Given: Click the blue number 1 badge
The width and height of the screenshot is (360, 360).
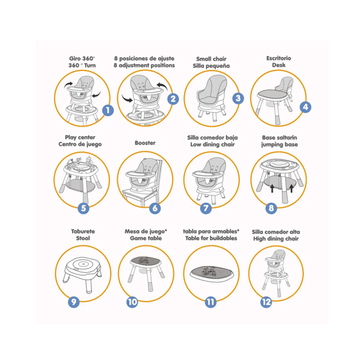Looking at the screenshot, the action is (108, 111).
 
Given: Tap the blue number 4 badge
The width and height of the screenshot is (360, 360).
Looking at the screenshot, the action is (305, 107).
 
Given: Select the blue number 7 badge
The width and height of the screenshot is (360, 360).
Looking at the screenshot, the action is (206, 208).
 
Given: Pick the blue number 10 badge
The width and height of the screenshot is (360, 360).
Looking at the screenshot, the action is (133, 302).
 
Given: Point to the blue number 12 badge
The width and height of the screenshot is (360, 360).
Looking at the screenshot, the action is (266, 302).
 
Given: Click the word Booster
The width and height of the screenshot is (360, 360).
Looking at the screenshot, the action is (145, 143).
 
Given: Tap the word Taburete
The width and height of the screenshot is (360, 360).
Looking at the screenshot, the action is (83, 231).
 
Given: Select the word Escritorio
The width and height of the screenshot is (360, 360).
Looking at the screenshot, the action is (279, 58).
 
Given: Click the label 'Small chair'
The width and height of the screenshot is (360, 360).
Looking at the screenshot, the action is (211, 59).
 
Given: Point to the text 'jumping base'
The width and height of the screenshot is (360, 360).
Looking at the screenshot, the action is (279, 145).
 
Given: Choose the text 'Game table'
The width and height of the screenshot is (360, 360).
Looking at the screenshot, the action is (146, 238).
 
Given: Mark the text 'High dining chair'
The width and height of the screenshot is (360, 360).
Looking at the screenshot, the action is (276, 239).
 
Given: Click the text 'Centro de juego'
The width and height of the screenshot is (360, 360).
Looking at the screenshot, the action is (80, 145).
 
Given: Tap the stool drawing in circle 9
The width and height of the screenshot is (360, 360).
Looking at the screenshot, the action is (83, 274).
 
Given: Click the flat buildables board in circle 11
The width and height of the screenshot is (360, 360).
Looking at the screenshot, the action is (212, 273).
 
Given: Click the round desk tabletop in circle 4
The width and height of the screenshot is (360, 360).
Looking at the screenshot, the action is (273, 94).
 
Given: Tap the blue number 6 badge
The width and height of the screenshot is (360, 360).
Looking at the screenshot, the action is (155, 208).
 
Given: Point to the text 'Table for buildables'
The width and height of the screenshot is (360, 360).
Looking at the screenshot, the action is (211, 238).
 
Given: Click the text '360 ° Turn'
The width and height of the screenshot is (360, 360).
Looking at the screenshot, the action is (82, 65).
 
